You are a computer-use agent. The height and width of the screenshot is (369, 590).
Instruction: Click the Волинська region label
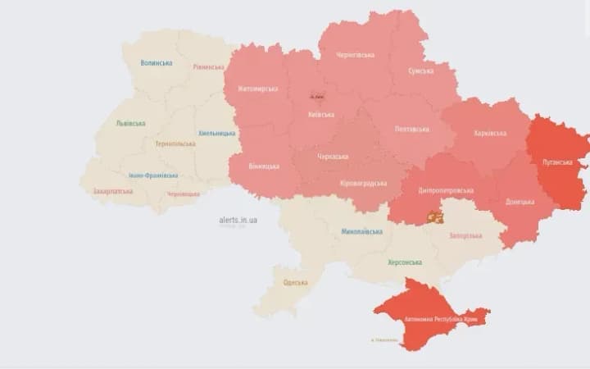pyautogui.click(x=157, y=63)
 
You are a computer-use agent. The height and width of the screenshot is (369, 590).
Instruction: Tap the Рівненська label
pyautogui.click(x=208, y=67)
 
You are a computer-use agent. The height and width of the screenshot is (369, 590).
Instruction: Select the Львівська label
pyautogui.click(x=131, y=124)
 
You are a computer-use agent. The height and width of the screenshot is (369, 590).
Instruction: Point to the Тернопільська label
pyautogui.click(x=175, y=143)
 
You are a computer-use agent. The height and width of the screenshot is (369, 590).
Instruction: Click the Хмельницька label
pyautogui.click(x=217, y=133)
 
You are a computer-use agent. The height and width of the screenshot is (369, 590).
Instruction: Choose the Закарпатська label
pyautogui.click(x=113, y=190)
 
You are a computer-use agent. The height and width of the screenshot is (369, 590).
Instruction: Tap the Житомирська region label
pyautogui.click(x=257, y=89)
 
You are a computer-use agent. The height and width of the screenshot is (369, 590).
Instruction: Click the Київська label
pyautogui.click(x=320, y=115)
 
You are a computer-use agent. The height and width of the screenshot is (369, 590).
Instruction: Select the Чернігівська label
pyautogui.click(x=355, y=55)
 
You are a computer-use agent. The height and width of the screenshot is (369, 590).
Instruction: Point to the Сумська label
pyautogui.click(x=421, y=71)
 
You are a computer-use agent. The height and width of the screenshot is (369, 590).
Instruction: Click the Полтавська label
pyautogui.click(x=411, y=130)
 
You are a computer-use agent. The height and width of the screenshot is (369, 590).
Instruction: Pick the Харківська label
pyautogui.click(x=490, y=133)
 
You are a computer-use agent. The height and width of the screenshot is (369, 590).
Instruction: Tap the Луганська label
pyautogui.click(x=558, y=162)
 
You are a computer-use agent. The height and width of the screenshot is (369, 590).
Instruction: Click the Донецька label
pyautogui.click(x=520, y=201)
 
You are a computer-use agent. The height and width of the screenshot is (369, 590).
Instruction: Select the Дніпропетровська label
pyautogui.click(x=447, y=190)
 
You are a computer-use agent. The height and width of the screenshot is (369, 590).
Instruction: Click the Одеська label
pyautogui.click(x=295, y=283)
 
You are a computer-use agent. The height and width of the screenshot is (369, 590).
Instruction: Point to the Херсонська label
pyautogui.click(x=404, y=262)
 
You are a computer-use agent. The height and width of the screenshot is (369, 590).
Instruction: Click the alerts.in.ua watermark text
pyautogui.click(x=238, y=220)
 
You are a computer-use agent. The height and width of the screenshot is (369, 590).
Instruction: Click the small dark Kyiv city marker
pyautogui.click(x=316, y=96)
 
